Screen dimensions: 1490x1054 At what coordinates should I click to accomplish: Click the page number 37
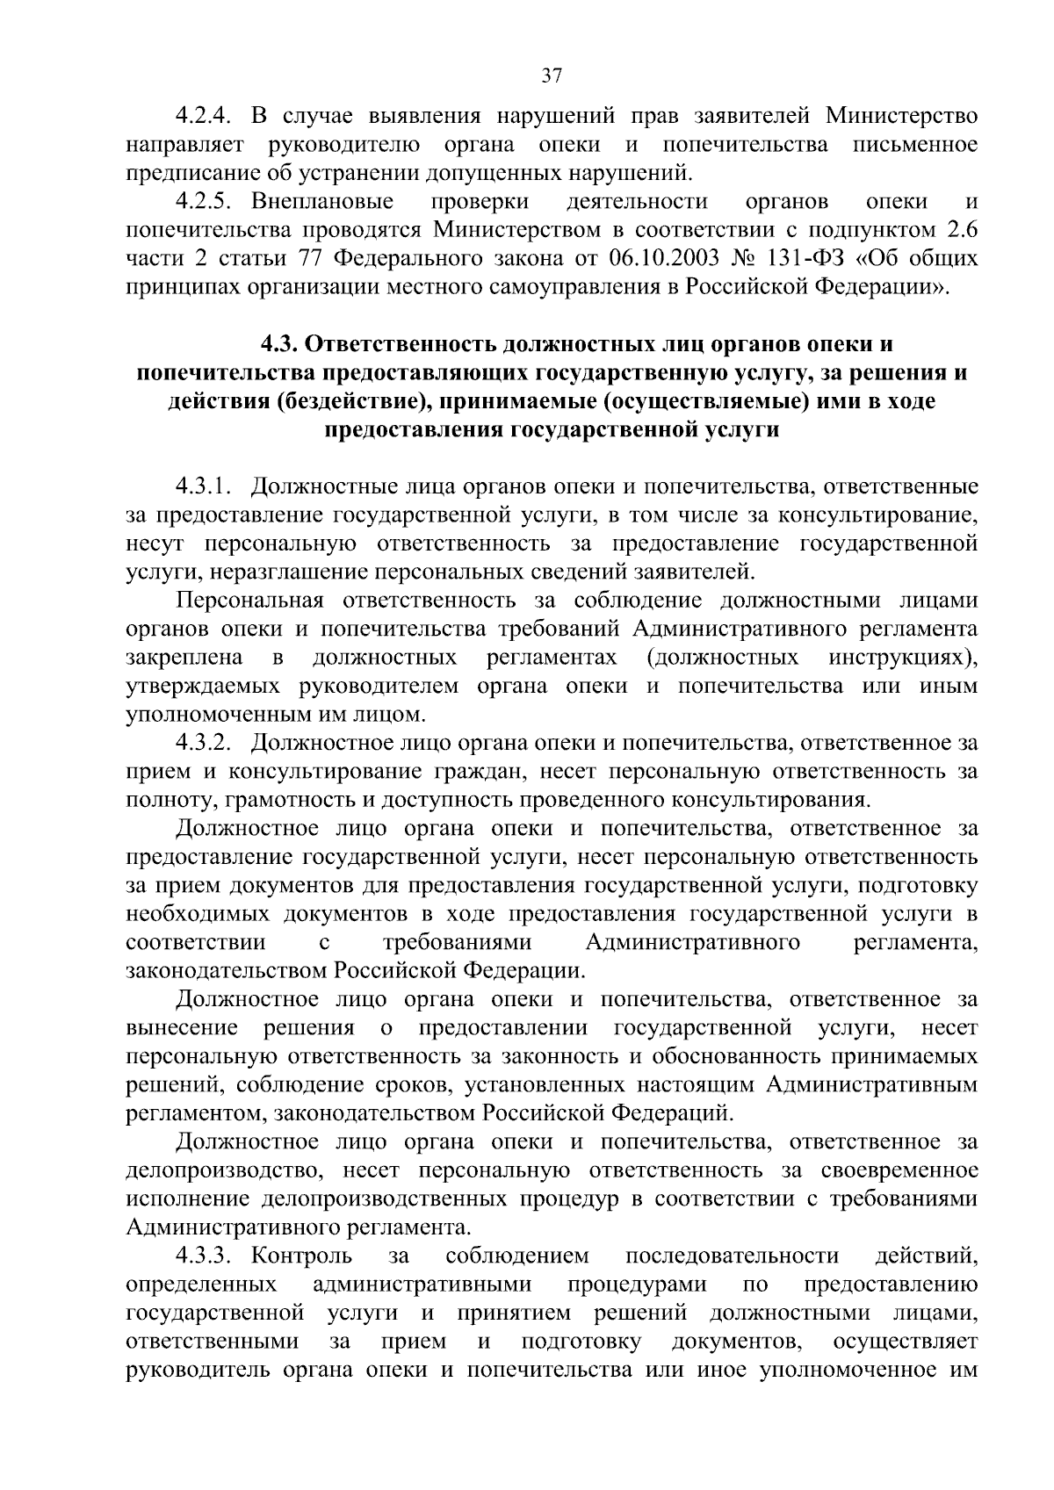coord(551,76)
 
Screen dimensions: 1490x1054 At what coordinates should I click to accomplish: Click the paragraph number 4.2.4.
coord(204,116)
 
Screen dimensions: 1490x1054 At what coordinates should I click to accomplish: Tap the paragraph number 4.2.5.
coord(204,202)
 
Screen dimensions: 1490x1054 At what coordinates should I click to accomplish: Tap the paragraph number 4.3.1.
coord(204,486)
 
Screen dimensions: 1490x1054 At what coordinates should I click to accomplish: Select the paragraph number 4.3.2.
coord(204,743)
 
